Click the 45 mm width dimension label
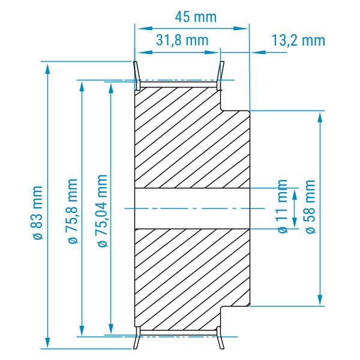pos(196,17)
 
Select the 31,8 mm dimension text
pos(182,40)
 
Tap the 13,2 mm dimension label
pos(298,40)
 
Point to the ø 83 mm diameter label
pos(37,212)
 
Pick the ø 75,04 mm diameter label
pos(103,211)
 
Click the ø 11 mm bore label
pos(283,206)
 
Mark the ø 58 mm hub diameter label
pos(311,206)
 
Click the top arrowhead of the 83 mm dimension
pos(47,68)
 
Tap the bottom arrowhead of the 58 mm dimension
pos(320,299)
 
